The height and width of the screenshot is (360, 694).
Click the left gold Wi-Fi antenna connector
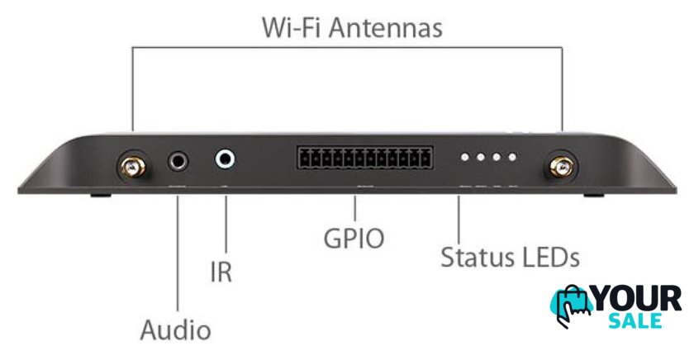point(132,167)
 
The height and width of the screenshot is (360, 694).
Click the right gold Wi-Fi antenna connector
point(561,167)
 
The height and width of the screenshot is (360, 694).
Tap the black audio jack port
point(178,162)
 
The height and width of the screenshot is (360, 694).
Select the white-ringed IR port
point(225,159)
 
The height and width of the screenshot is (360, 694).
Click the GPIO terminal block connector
point(365,158)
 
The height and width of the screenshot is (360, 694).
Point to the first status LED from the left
point(464,157)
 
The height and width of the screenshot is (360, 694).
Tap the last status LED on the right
point(512,157)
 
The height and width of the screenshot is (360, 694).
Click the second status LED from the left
point(481,157)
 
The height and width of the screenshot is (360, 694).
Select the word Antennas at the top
point(386,28)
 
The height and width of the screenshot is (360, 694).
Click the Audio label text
point(176,330)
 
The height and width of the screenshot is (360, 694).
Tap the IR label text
point(221,272)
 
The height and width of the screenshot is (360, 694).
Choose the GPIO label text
point(354,239)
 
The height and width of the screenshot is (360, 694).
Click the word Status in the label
point(478,257)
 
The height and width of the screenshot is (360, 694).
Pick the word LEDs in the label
point(551,257)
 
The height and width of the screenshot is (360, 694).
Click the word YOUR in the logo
point(638,299)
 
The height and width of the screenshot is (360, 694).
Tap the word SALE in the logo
point(635,320)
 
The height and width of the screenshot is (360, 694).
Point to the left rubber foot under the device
point(101,195)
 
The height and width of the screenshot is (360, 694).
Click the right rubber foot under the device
point(593,195)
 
